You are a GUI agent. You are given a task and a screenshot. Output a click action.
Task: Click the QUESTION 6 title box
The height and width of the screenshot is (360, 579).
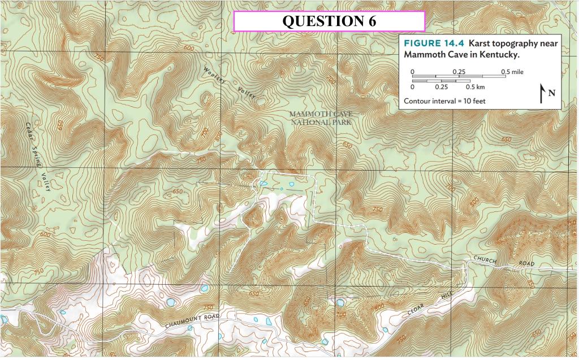click(x=329, y=21)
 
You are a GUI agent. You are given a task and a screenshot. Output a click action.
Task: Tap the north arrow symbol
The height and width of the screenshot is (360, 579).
click(x=542, y=93)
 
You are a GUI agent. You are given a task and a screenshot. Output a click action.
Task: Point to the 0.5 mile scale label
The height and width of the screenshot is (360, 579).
click(x=512, y=72)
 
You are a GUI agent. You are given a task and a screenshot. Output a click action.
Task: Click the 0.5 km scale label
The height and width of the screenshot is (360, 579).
click(x=475, y=87)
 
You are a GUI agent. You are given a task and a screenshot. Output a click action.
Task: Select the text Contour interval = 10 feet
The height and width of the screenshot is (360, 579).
click(x=444, y=101)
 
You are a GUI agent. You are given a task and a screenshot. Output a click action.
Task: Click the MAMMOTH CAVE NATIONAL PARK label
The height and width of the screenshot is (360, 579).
click(x=320, y=118)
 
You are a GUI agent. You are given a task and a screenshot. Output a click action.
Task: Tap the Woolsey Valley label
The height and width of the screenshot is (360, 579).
click(x=230, y=83)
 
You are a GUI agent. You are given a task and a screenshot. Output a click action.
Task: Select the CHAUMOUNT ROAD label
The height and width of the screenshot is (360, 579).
click(x=192, y=321)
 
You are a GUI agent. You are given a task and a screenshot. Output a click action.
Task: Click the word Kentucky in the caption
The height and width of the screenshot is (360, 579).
click(x=500, y=55)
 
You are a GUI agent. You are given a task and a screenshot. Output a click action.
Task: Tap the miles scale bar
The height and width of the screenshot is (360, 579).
click(x=459, y=76)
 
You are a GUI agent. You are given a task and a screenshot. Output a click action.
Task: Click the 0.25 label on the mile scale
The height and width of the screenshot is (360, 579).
click(x=459, y=72)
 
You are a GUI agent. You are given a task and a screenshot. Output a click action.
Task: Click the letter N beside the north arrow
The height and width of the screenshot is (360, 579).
click(x=551, y=93)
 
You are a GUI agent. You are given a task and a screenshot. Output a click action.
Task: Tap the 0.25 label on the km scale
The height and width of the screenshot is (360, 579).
click(x=441, y=87)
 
